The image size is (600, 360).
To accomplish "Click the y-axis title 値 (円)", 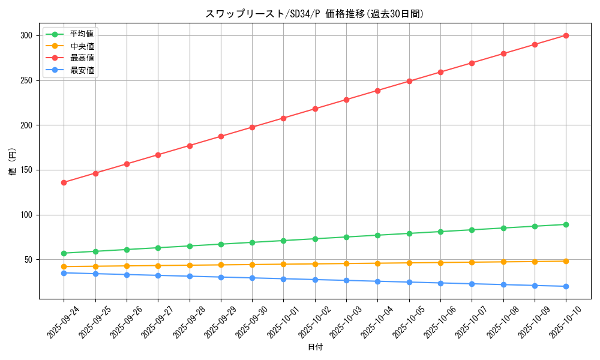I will point(13,161).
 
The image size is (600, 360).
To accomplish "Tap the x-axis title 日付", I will point(315,347).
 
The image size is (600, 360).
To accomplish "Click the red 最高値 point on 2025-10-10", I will point(566,35).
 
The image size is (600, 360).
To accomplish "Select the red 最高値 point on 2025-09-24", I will point(64,182).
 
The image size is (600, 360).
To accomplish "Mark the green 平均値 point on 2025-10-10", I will point(566,224).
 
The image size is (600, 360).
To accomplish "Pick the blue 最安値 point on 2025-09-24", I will point(64,273).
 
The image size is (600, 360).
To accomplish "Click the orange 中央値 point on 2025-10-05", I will point(409,263).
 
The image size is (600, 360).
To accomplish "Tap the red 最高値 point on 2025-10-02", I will point(315,109).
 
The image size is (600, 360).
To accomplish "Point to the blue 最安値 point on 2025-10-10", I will point(566,286).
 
